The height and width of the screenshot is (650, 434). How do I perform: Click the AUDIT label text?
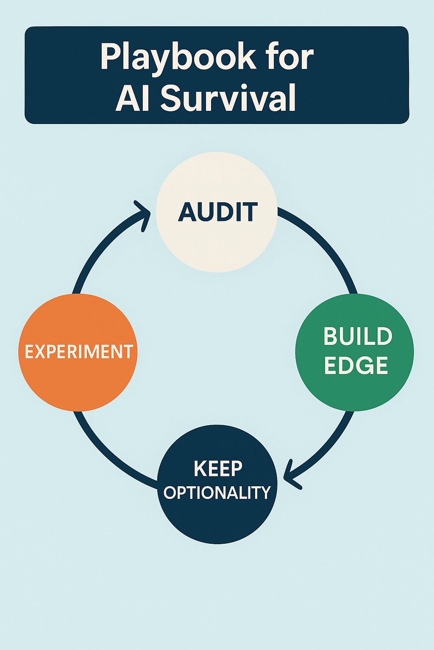click(217, 212)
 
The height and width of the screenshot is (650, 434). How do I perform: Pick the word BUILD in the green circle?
click(358, 337)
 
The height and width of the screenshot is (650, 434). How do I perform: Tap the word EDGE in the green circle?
click(356, 366)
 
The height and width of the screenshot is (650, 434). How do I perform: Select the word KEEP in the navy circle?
click(218, 469)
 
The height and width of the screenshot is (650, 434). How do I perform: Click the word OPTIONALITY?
click(217, 493)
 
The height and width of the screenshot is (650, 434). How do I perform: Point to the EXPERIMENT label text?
click(79, 352)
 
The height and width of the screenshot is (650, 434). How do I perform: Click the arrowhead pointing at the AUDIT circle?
click(143, 214)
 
